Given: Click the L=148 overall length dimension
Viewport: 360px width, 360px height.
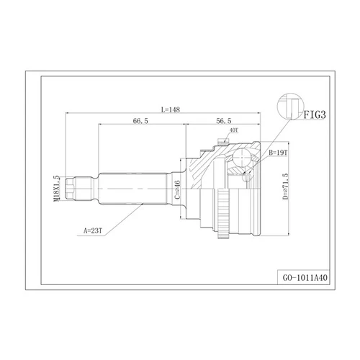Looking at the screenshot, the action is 171,109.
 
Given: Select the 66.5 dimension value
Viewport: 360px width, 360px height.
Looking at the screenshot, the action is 140,121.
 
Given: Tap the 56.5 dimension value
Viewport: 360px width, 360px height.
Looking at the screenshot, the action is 224,121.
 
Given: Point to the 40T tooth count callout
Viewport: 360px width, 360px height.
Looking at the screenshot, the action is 234,130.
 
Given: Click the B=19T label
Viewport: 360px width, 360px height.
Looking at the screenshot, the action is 278,153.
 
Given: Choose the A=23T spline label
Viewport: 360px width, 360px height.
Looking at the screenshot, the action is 93,231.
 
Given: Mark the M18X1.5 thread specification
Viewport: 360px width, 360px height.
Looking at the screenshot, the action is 57,189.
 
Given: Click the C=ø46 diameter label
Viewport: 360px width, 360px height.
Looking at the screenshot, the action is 177,190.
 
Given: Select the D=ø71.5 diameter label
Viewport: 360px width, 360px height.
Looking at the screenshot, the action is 285,186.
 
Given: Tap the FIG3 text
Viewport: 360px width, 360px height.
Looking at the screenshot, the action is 315,114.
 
